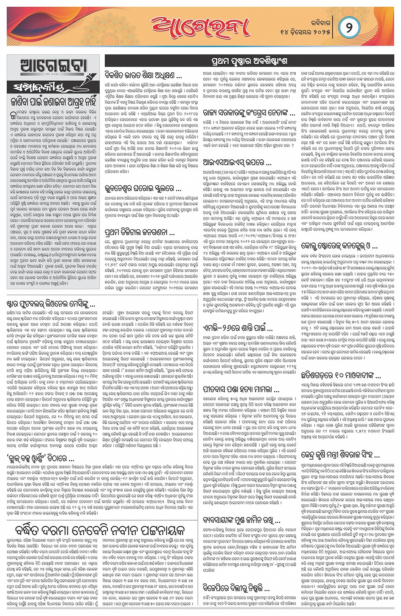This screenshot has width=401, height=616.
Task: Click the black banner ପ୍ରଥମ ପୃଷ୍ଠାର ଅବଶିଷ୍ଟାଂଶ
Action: coord(249,61)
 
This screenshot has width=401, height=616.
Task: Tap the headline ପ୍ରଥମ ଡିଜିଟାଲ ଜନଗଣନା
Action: coord(139,232)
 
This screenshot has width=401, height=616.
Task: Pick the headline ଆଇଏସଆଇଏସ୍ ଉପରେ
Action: coord(237,162)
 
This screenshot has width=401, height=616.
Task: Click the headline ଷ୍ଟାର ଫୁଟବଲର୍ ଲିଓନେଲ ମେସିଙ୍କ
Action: coord(51,305)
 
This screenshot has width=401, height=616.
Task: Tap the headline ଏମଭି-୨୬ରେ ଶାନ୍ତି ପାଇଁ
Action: coord(238,328)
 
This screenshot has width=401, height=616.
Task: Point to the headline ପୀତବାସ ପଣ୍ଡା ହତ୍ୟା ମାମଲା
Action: coord(241,389)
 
